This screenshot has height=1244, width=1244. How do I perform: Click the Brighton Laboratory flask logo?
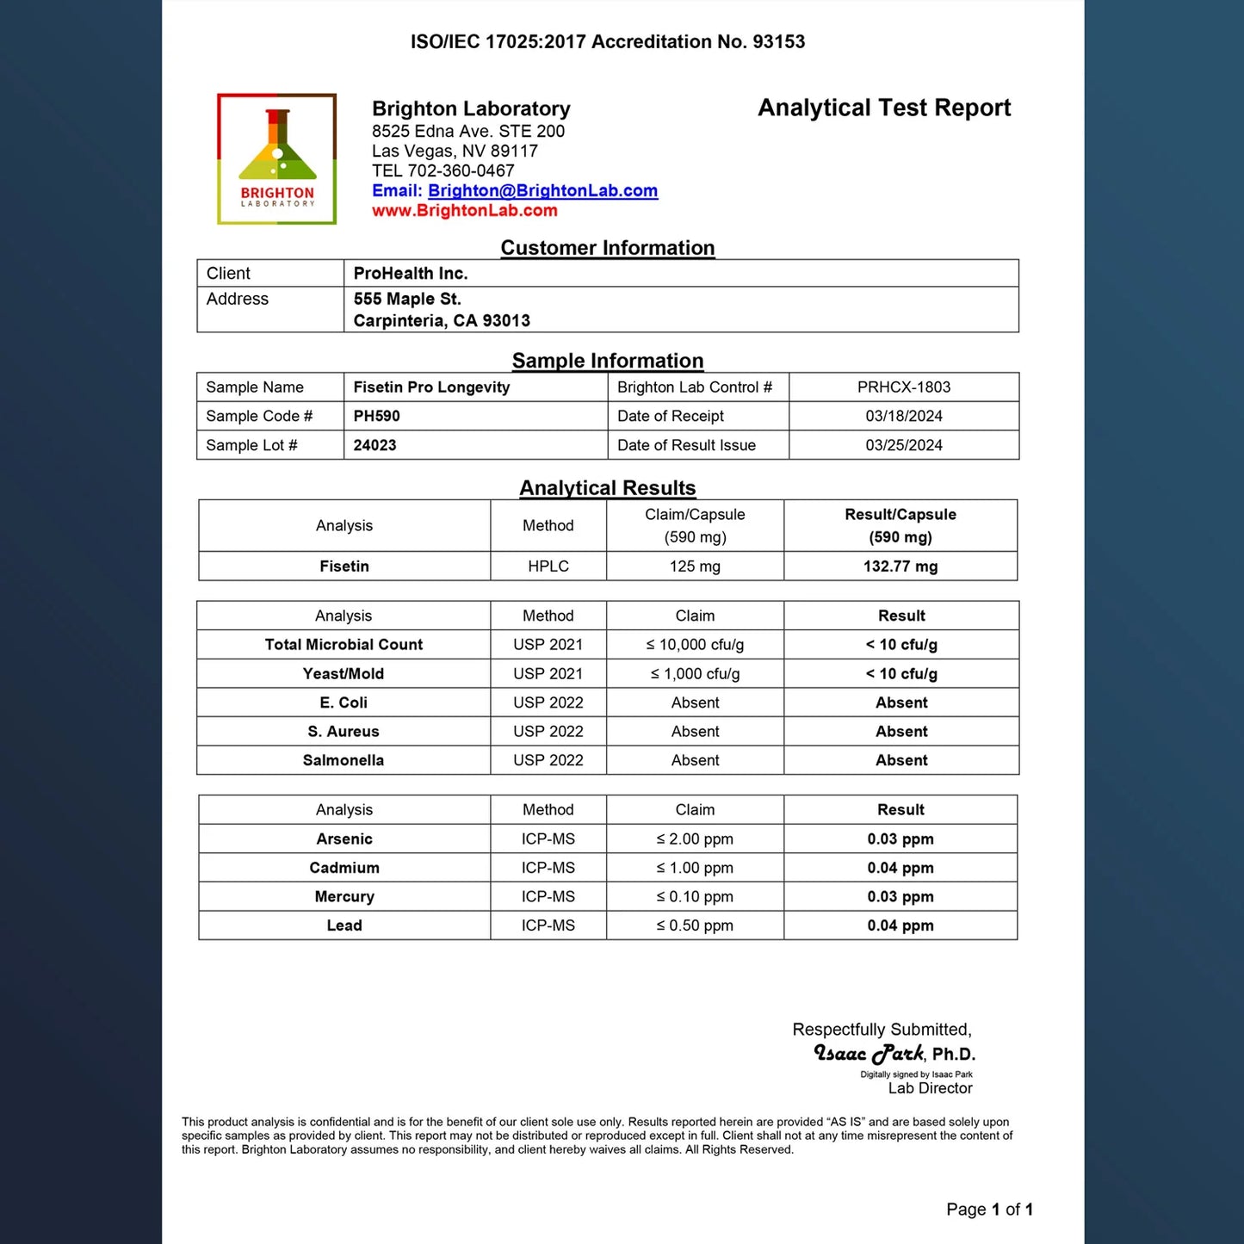(276, 159)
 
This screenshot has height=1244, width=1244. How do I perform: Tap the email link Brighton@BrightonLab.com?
(542, 191)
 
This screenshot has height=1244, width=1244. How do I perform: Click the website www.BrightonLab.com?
(465, 211)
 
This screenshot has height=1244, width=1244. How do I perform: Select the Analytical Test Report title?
(884, 108)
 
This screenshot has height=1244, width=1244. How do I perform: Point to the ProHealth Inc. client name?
(411, 274)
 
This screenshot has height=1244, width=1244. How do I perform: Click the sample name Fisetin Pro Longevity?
(431, 387)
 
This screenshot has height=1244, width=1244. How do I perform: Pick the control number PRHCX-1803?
(904, 387)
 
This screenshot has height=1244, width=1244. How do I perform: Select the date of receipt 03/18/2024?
(904, 417)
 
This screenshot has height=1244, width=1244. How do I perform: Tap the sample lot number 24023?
(375, 446)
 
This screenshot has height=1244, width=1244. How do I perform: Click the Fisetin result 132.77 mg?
(901, 566)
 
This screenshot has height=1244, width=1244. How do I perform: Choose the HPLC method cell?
(548, 566)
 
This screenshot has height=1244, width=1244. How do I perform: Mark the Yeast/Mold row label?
(343, 674)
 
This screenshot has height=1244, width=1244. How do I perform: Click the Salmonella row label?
(343, 761)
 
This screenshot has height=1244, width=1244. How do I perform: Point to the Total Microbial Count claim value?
(695, 645)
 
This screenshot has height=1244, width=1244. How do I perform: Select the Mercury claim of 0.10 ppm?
(695, 897)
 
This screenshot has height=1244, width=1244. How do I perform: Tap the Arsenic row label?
(344, 839)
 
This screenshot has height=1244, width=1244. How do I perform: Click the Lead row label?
(344, 926)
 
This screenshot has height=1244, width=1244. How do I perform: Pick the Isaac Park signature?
(870, 1054)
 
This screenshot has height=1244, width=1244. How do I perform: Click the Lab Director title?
(930, 1089)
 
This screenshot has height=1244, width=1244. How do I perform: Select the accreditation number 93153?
(779, 42)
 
